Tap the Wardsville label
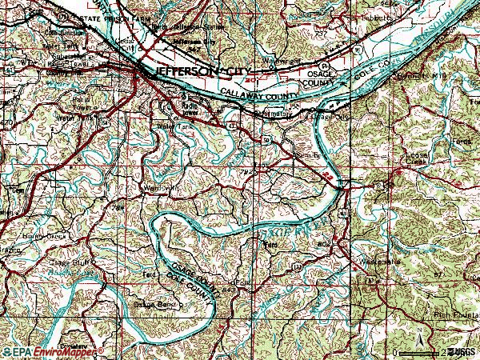tap(159, 189)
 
